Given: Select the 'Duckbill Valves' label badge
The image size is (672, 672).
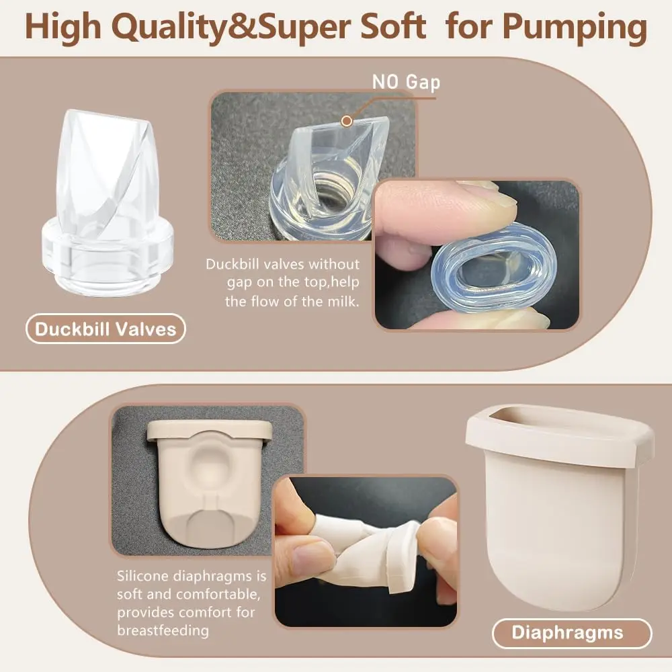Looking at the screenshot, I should (106, 329).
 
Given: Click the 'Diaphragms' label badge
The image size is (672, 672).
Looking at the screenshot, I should (572, 632).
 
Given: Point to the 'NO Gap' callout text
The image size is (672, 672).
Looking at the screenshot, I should (406, 82).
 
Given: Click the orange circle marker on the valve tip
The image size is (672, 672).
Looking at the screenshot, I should (347, 121).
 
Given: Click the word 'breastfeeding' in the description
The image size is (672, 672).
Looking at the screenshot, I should (163, 630).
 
